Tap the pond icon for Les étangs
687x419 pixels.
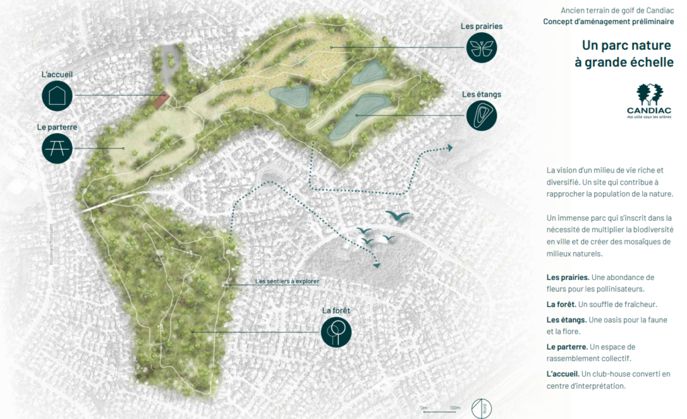pos(482,115)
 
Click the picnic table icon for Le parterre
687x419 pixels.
pos(57,148)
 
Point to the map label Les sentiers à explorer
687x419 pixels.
pos(286,281)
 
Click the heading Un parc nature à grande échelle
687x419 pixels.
pos(627,53)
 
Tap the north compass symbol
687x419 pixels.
pos(480,408)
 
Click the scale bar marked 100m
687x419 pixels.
pos(440,410)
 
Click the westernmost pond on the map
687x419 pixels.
pos(290,95)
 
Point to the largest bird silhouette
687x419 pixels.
pos(399,216)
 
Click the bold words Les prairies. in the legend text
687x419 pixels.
pos(568,277)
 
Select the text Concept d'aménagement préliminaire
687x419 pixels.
pos(609,22)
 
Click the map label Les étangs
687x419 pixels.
pos(481,95)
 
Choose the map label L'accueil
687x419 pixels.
pos(57,74)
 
